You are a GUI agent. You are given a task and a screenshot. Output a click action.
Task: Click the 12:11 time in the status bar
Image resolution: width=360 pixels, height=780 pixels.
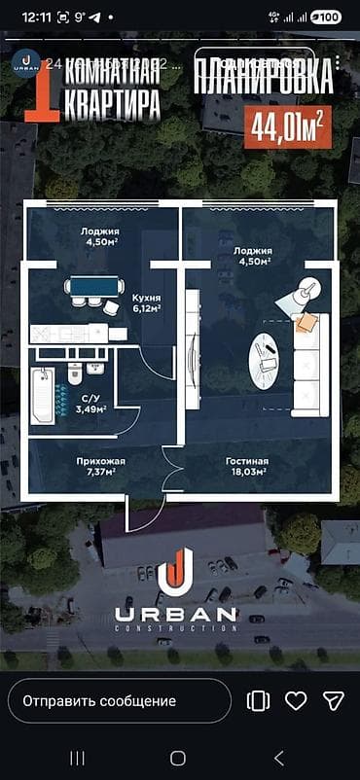pyautogui.click(x=36, y=17)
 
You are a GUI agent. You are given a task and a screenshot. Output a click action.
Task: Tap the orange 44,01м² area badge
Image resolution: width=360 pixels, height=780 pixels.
pyautogui.click(x=287, y=126)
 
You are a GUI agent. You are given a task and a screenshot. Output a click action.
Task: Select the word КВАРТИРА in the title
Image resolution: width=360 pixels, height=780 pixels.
pyautogui.click(x=112, y=105)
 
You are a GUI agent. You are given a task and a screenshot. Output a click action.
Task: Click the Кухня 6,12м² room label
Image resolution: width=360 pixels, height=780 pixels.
pyautogui.click(x=146, y=303)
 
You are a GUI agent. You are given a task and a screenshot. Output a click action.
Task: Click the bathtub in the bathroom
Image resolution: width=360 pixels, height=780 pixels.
pyautogui.click(x=42, y=396)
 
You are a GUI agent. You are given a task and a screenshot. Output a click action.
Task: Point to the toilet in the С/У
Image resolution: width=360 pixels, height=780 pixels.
pyautogui.click(x=75, y=374)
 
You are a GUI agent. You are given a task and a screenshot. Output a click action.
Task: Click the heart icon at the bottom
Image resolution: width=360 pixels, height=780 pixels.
pyautogui.click(x=296, y=700)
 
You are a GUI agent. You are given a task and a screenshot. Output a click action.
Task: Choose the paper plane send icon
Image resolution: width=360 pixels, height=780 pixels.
pyautogui.click(x=334, y=700)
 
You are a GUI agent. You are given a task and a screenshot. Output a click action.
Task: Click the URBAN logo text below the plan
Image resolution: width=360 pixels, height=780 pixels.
pyautogui.click(x=175, y=614)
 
